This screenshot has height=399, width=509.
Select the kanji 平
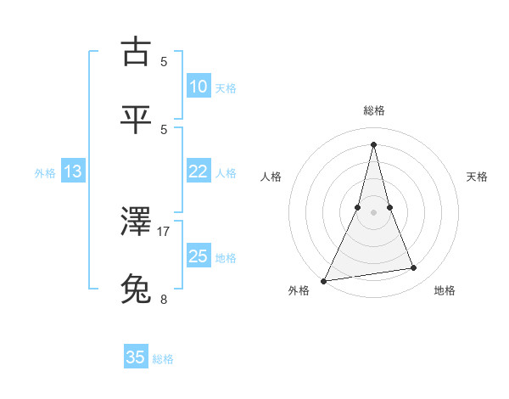coord(137,119)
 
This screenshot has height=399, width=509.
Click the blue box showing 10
coord(199,87)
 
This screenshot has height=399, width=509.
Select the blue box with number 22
coord(199,171)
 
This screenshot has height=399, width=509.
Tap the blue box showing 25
coord(199,256)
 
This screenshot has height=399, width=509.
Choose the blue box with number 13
coord(73,171)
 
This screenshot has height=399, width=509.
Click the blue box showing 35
coord(136,357)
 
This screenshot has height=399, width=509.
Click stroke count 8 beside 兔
coord(164,299)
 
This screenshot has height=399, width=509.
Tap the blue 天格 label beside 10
coord(226,87)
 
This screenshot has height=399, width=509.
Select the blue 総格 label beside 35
coord(163,358)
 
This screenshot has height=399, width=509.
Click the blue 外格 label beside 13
coord(45,172)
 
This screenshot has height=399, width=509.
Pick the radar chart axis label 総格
coord(374,110)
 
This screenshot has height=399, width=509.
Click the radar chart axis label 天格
coord(478,177)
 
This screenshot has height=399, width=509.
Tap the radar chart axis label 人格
coord(271,177)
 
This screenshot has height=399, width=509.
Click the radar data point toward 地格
coord(414,268)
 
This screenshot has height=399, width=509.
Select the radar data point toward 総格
coord(373,143)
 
